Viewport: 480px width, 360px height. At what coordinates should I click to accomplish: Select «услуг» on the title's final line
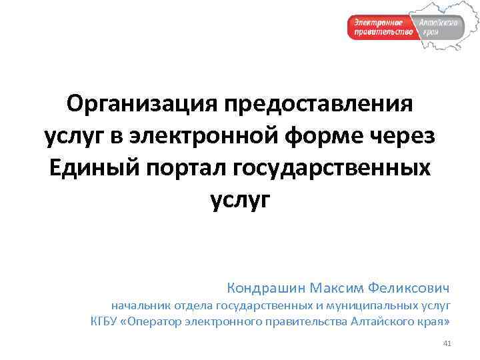pyautogui.click(x=241, y=199)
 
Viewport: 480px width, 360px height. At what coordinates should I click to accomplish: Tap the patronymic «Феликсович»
pyautogui.click(x=415, y=288)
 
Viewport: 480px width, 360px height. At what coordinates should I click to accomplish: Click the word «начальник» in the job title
pyautogui.click(x=141, y=306)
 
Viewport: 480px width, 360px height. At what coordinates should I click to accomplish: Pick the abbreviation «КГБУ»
pyautogui.click(x=104, y=323)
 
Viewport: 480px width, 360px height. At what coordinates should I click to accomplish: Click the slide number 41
pyautogui.click(x=447, y=344)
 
